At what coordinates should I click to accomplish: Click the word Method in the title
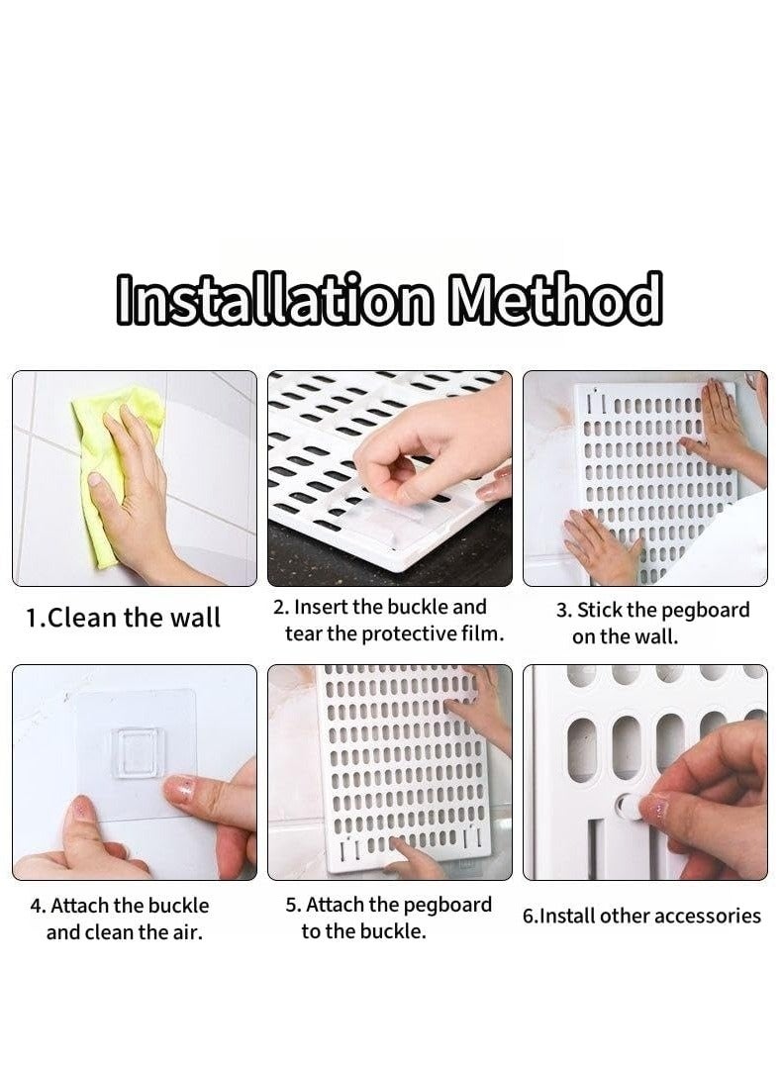click(x=555, y=298)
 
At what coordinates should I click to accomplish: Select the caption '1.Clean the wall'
click(x=123, y=618)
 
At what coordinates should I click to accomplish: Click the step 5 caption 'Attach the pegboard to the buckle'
click(x=390, y=918)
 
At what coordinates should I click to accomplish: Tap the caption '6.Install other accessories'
click(x=641, y=916)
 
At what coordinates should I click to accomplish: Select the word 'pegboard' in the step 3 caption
click(x=704, y=610)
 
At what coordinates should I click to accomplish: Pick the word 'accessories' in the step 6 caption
click(x=708, y=916)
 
